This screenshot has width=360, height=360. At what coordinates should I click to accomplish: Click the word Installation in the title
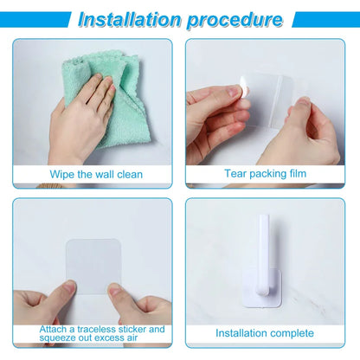pos(130,19)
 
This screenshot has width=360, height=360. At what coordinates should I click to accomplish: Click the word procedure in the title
pos(235,20)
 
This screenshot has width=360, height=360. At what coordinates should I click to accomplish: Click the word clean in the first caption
pos(130,174)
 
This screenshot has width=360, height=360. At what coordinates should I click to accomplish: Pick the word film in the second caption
pos(297,173)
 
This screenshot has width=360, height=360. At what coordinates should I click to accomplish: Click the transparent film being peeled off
pos(267,101)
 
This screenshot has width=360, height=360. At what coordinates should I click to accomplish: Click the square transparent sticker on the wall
pos(93,267)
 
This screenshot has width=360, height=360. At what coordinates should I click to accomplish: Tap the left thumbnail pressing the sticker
pos(69,286)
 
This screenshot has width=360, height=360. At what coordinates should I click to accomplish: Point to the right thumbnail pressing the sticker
pos(115,289)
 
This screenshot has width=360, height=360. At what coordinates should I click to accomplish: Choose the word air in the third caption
pos(132,337)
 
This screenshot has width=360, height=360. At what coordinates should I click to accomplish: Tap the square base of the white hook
pos(262,288)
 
